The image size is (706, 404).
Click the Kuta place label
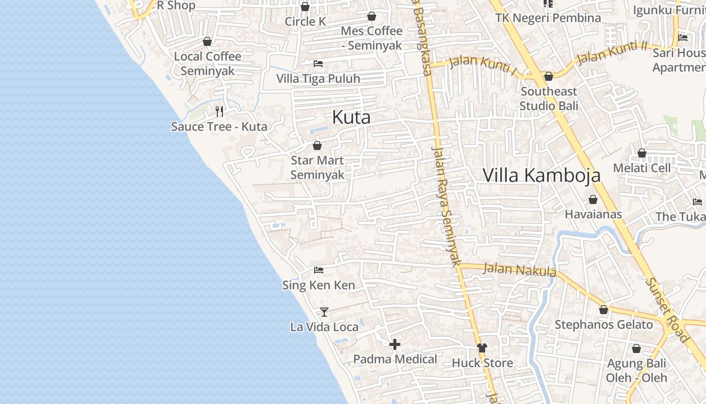pyautogui.click(x=351, y=118)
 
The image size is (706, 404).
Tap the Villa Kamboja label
pyautogui.click(x=542, y=175)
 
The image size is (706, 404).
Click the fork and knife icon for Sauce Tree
pyautogui.click(x=219, y=111)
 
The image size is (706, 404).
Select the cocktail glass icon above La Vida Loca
pyautogui.click(x=324, y=312)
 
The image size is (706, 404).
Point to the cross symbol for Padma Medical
pyautogui.click(x=395, y=344)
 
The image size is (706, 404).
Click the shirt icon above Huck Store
pyautogui.click(x=482, y=347)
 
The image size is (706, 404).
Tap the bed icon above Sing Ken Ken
pyautogui.click(x=318, y=270)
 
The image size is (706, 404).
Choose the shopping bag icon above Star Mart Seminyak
pyautogui.click(x=317, y=145)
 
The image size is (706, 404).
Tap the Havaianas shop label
pyautogui.click(x=593, y=214)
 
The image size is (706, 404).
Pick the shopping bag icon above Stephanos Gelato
pyautogui.click(x=604, y=310)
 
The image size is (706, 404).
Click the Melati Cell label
pyautogui.click(x=642, y=168)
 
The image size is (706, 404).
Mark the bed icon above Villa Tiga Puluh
pyautogui.click(x=318, y=64)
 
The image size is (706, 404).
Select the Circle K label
pyautogui.click(x=306, y=22)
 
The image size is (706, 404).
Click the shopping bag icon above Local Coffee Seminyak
pyautogui.click(x=207, y=41)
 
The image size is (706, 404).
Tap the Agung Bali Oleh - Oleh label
pyautogui.click(x=636, y=370)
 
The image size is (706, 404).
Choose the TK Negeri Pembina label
pyautogui.click(x=548, y=18)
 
